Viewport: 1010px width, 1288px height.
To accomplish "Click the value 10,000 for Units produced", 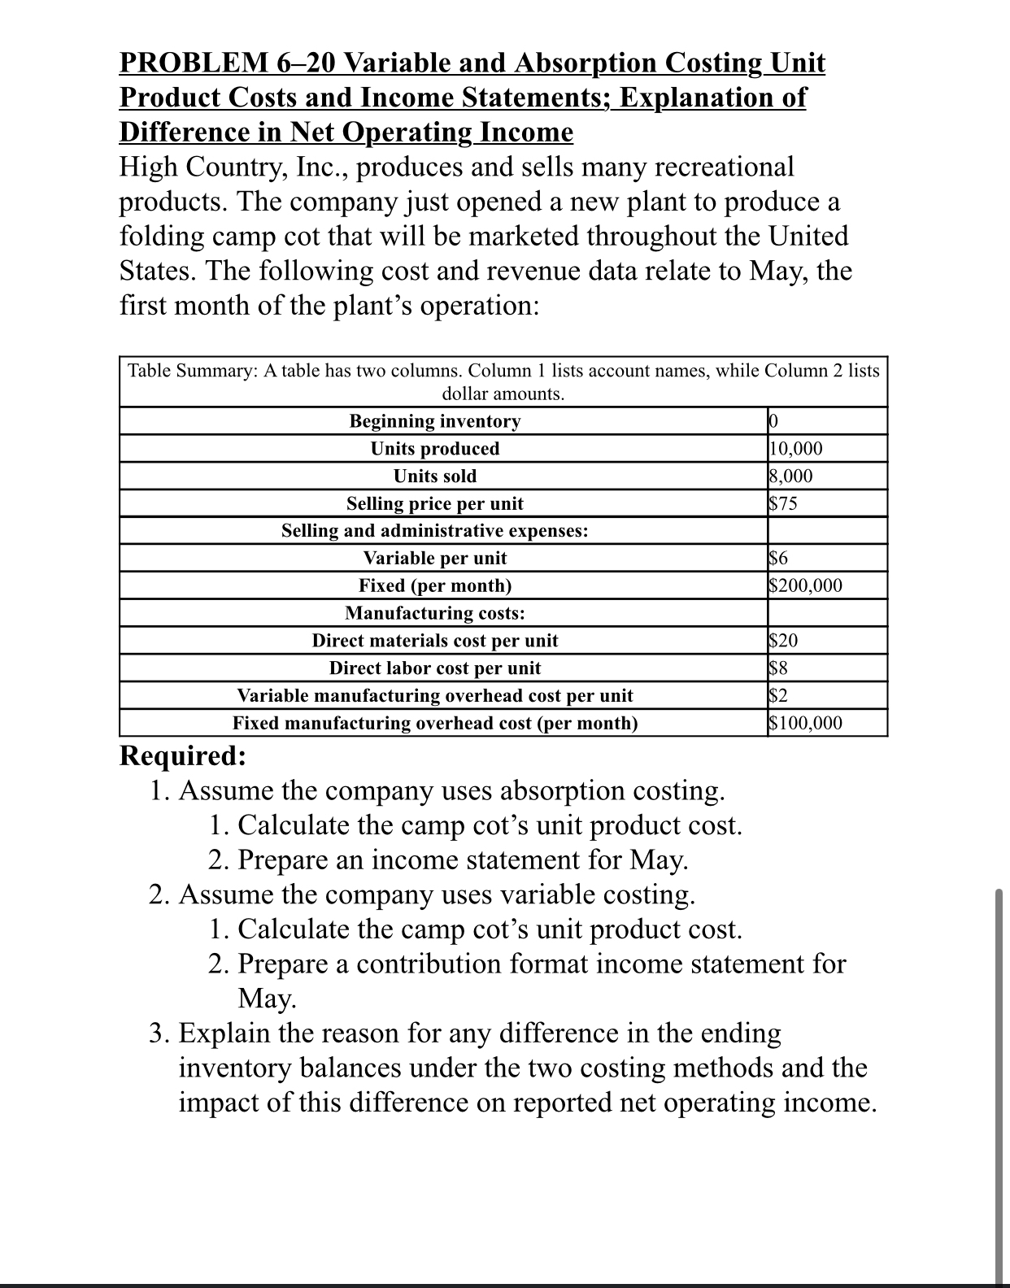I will pyautogui.click(x=795, y=449).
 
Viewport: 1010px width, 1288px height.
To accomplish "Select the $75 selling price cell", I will pyautogui.click(x=783, y=503).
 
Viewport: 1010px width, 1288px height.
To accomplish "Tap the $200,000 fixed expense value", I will pyautogui.click(x=805, y=585).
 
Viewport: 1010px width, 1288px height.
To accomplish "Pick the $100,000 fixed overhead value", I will pyautogui.click(x=805, y=723).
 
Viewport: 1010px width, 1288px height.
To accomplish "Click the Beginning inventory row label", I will pyautogui.click(x=434, y=421).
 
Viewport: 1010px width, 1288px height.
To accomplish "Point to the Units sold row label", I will pyautogui.click(x=434, y=476).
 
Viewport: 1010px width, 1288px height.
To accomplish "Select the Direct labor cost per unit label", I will pyautogui.click(x=434, y=668).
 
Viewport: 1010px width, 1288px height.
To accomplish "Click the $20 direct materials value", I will pyautogui.click(x=784, y=641).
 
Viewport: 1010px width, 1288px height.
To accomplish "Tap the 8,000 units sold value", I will pyautogui.click(x=790, y=476).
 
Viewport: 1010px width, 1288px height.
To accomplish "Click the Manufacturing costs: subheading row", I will pyautogui.click(x=434, y=613).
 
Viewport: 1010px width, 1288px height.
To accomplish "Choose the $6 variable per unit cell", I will pyautogui.click(x=778, y=558).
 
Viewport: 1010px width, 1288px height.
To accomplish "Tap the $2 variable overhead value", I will pyautogui.click(x=778, y=695).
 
